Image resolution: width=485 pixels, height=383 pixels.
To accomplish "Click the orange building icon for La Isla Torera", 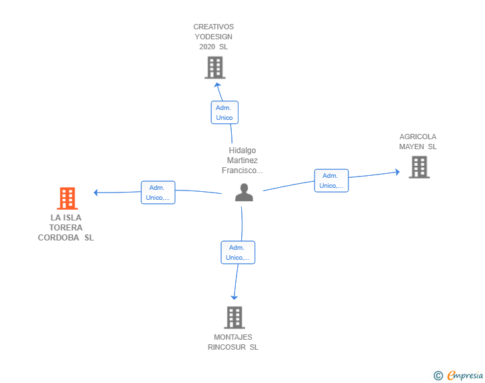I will [x=67, y=198].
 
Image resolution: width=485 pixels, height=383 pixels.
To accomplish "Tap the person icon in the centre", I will [x=244, y=192].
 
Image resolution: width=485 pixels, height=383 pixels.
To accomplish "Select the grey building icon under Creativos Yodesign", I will [x=215, y=67].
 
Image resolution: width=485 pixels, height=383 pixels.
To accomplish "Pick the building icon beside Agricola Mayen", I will [x=419, y=167].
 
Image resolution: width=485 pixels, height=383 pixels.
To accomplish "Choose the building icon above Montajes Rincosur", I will [x=234, y=318].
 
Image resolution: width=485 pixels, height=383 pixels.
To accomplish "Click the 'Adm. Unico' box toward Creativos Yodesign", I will [x=225, y=113].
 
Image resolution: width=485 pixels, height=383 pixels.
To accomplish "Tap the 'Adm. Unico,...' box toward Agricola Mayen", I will [x=331, y=181].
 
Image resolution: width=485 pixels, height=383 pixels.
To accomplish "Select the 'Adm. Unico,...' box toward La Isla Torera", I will [x=158, y=192].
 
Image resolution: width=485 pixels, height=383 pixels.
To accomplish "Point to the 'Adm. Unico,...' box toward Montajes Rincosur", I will [x=238, y=252].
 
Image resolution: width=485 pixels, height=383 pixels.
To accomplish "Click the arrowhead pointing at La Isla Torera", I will [x=96, y=192].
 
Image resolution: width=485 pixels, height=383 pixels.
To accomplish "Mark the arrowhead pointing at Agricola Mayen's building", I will [x=397, y=172].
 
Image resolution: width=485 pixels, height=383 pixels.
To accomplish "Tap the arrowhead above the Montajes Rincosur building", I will [x=234, y=298].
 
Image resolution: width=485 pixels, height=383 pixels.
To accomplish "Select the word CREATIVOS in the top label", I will [x=213, y=27].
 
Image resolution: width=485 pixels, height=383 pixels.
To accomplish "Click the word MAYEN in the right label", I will [x=412, y=147].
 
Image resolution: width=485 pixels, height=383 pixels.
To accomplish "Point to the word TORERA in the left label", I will [x=66, y=228].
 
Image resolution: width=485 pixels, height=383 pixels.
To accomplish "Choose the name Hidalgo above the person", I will [x=242, y=151].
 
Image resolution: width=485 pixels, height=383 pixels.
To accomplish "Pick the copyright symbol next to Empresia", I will [x=438, y=376].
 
